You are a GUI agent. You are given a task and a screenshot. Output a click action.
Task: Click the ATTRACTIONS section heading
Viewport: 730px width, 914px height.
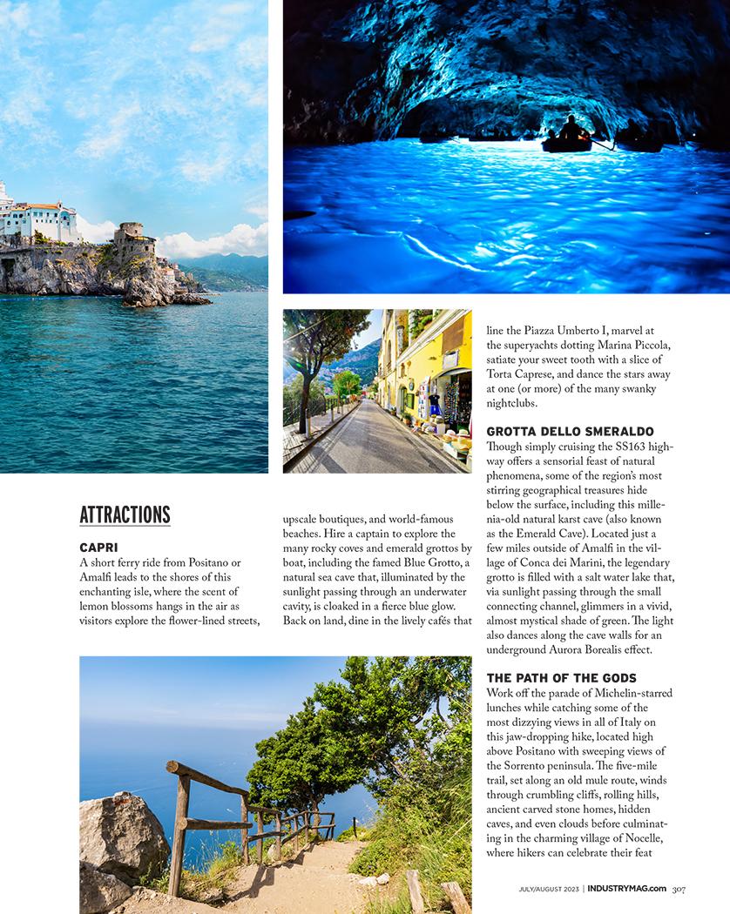125,514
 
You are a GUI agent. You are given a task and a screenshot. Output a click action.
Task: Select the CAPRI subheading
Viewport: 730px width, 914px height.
98,548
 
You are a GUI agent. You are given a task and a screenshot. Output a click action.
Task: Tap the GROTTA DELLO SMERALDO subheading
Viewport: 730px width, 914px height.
570,432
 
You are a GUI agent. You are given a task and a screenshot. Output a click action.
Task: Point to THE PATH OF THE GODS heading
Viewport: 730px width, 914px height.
561,678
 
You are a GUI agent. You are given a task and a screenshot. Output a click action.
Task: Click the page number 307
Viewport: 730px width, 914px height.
679,889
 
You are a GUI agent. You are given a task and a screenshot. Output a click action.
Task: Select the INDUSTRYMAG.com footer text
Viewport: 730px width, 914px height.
626,889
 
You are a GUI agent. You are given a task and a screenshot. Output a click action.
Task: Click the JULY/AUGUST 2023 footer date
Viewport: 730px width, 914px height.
548,889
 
